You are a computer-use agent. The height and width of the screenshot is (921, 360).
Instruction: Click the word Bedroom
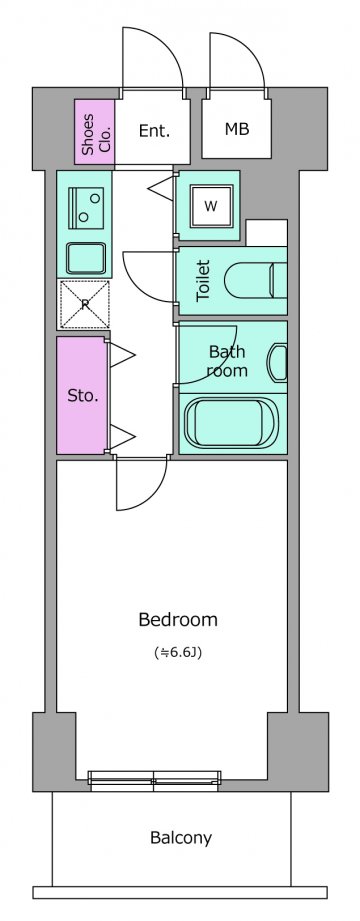pos(178,619)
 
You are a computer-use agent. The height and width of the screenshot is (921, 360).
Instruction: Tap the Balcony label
pos(181,838)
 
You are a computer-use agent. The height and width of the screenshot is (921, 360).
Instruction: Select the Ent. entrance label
pos(154,131)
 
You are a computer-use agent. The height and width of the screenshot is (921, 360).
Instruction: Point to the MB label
pos(237,129)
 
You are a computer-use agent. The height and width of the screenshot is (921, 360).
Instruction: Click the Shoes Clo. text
pos(96,132)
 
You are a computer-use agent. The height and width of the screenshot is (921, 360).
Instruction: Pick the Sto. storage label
pos(83,396)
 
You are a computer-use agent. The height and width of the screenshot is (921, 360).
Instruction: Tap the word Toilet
pos(203,281)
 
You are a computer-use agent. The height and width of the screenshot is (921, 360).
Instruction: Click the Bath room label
pos(228,361)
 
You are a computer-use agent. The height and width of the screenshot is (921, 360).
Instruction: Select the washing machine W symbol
pos(211,206)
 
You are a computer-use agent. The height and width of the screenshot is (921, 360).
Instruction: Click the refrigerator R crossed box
pos(85,304)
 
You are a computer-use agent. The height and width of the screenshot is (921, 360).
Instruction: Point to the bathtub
pos(232,423)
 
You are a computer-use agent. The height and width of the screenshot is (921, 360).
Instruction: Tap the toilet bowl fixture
pos(256,281)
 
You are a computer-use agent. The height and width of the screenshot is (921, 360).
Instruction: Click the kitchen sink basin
pos(86,258)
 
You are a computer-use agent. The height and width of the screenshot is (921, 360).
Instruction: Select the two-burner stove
pos(86,208)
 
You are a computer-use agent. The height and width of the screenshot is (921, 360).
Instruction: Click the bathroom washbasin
pos(277,362)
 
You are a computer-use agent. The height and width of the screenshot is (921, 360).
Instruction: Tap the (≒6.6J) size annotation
pos(178,652)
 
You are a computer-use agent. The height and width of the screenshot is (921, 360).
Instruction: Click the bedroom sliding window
pos(154,778)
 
